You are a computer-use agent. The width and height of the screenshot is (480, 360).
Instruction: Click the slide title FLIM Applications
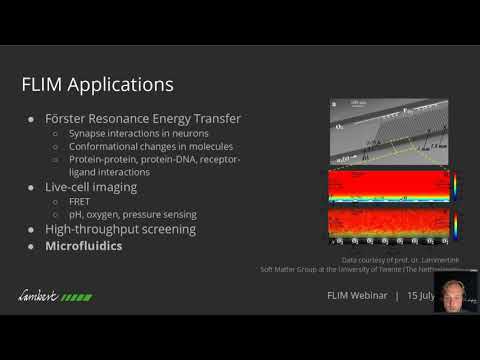(98, 82)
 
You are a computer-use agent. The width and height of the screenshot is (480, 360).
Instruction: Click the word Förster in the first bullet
(71, 120)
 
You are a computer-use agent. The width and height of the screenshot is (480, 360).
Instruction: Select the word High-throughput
(91, 229)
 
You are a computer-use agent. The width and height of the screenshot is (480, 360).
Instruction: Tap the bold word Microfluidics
(84, 245)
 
